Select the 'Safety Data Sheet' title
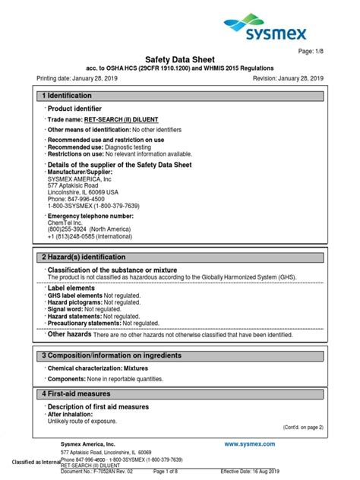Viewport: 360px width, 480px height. pos(180,59)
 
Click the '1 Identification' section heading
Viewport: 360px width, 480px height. pos(67,96)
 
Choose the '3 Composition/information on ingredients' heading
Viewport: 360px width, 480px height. pos(111,356)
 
